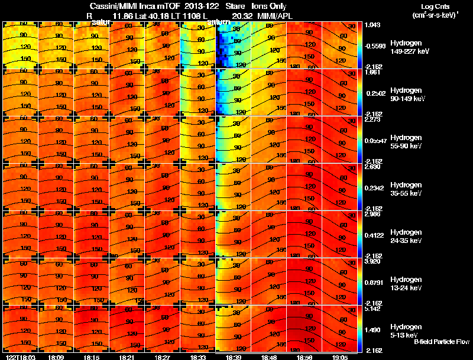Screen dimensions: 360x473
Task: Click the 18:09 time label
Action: [x=57, y=356]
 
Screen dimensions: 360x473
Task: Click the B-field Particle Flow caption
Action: [x=441, y=342]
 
